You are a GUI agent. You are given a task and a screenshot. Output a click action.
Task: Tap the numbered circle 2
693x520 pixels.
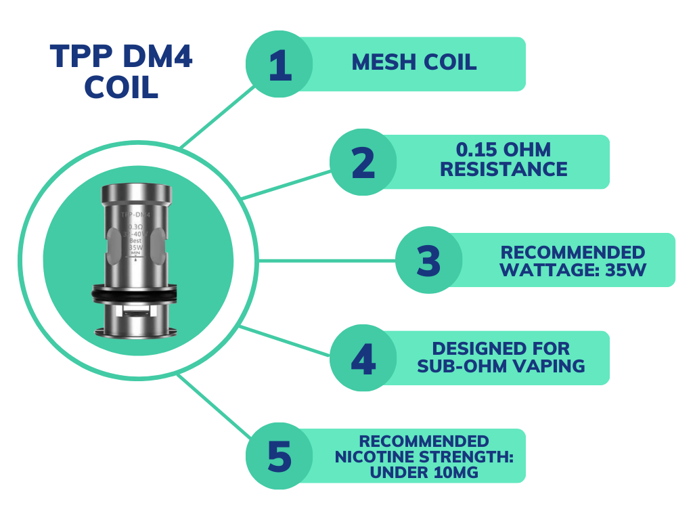(363, 162)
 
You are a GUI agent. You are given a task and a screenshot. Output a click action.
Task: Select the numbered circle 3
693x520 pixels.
(428, 261)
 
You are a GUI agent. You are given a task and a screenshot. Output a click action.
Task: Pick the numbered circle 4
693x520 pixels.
(363, 359)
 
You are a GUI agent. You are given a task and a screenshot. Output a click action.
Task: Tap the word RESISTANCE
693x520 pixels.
(504, 169)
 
